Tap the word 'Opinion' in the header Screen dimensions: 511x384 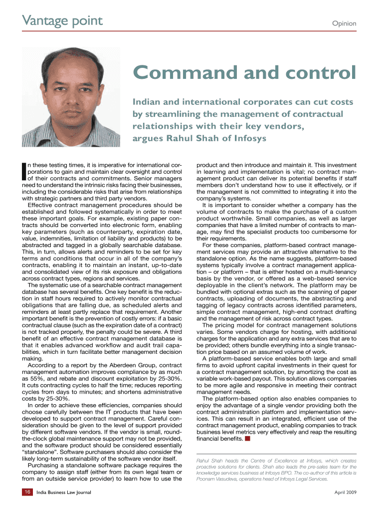coord(344,23)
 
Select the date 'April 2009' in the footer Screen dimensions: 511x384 coord(345,493)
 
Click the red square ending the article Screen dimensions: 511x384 coord(247,439)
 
